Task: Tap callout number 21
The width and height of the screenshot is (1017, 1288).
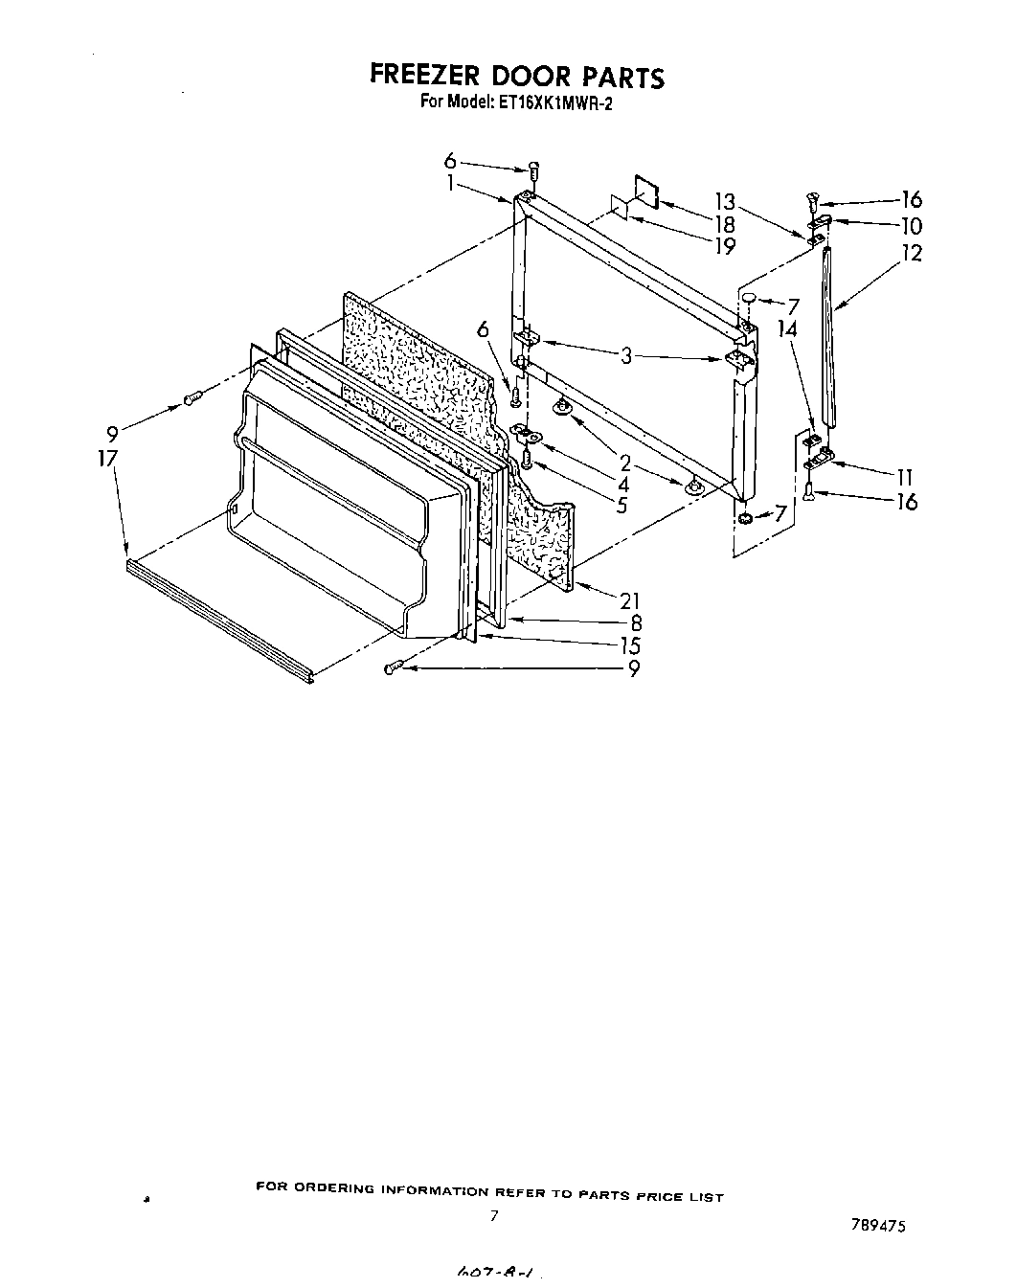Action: (x=629, y=601)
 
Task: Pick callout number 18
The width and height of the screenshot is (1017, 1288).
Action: (x=725, y=224)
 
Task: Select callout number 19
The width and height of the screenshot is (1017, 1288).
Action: (x=725, y=246)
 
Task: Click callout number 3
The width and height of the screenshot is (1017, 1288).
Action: (x=626, y=356)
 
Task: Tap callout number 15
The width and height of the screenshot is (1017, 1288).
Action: (x=629, y=645)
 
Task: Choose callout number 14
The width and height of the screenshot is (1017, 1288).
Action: (x=787, y=329)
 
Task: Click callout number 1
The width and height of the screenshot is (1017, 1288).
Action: (x=450, y=184)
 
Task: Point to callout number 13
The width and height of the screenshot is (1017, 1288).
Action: (x=725, y=202)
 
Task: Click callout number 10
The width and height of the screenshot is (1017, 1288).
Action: (x=911, y=226)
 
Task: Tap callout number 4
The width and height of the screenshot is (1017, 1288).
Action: (x=623, y=485)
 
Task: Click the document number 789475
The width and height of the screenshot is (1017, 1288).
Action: (x=879, y=1225)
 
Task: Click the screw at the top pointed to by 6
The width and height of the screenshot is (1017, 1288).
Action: (x=534, y=170)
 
